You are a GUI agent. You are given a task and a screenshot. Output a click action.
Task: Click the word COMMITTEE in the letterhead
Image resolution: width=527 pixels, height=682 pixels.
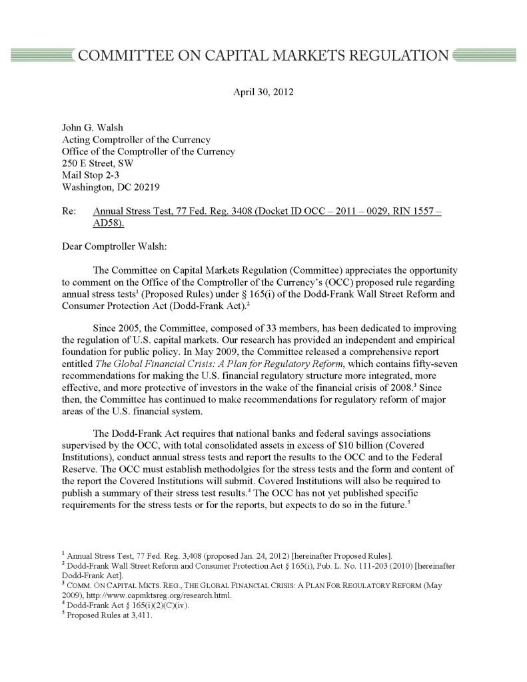coord(127,55)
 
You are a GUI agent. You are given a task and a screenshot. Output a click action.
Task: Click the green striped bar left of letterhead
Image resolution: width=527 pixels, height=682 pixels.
coord(39,55)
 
